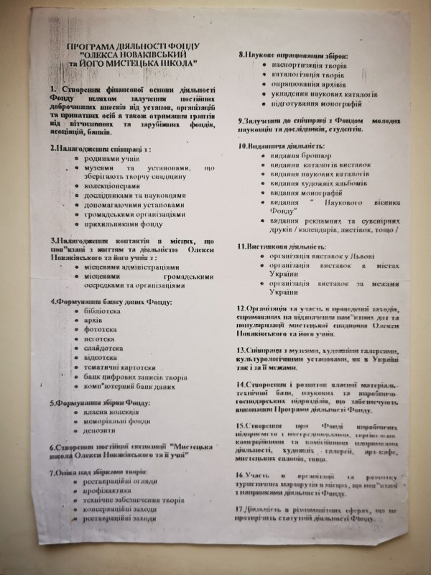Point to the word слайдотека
[x=100, y=348]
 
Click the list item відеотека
[x=98, y=357]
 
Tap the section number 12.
[x=241, y=308]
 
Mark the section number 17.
[x=241, y=510]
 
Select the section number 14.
[x=241, y=384]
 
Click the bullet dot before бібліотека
[x=77, y=313]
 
